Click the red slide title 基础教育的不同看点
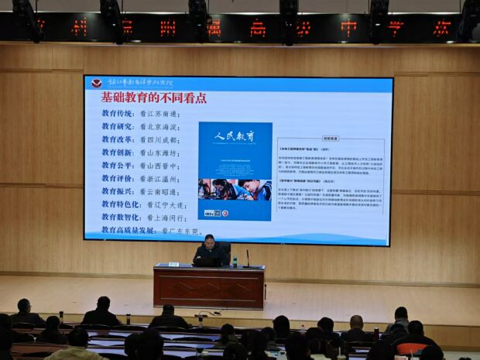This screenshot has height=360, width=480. [153, 98]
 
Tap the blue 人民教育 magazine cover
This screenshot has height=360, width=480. [235, 171]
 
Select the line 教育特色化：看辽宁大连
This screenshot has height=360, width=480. [143, 205]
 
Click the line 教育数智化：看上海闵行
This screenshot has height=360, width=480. [143, 218]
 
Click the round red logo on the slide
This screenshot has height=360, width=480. [97, 83]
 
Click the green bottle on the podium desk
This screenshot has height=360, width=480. [235, 262]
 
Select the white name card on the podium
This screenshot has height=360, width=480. [174, 264]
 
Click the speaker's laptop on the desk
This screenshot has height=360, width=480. [207, 262]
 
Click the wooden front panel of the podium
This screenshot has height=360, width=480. [209, 288]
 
